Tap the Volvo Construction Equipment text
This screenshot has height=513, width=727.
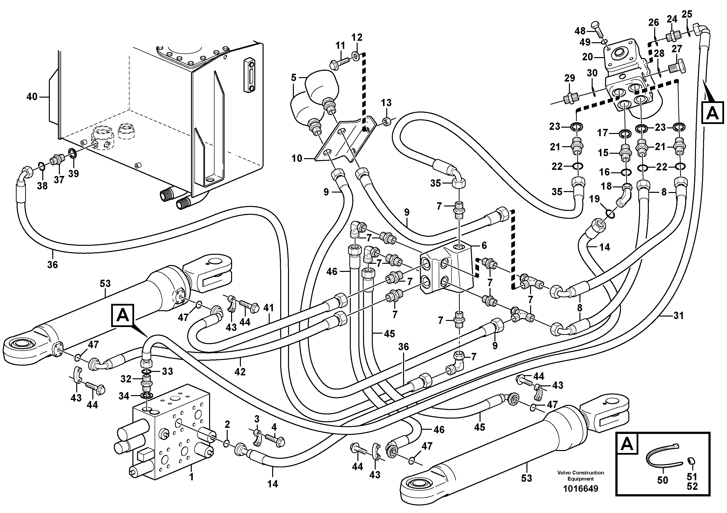[x=580, y=475]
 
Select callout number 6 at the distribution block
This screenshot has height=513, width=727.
[x=484, y=246]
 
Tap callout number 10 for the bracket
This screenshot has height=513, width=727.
[x=297, y=158]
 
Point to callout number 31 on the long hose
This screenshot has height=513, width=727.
[x=678, y=316]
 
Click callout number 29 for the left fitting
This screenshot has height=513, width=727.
[x=570, y=78]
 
